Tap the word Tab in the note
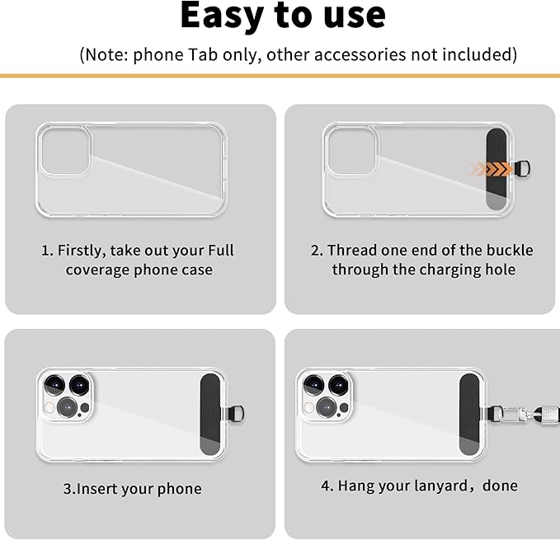203,54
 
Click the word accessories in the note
360,54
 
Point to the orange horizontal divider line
280,76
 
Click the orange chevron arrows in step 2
491,169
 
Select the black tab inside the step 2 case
496,169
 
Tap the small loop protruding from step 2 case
522,168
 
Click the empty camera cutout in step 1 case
65,152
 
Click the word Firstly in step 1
82,251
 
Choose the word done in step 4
500,486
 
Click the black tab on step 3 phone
210,415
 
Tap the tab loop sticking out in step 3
236,414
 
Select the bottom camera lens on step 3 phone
68,407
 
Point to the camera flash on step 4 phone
308,407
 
